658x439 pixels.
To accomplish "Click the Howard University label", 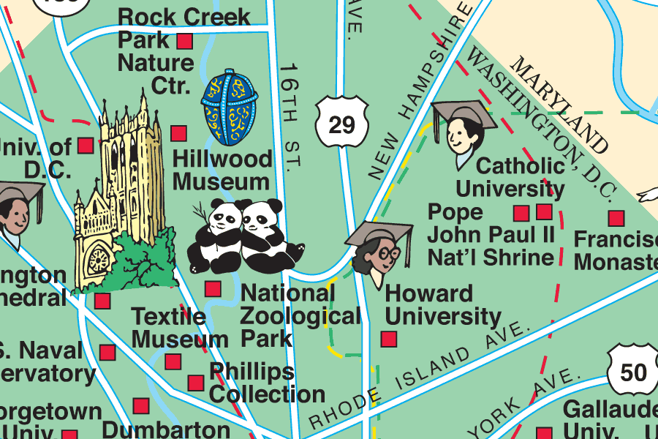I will (x=442, y=305).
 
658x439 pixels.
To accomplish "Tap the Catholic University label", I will (x=510, y=177).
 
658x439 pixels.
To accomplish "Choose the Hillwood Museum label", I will (x=222, y=170).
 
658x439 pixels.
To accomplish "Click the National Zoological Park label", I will (x=300, y=316).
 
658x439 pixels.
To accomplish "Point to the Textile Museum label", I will (x=180, y=328).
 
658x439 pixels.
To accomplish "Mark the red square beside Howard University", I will (x=389, y=339).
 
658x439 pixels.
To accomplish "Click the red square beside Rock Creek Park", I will (x=185, y=40).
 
